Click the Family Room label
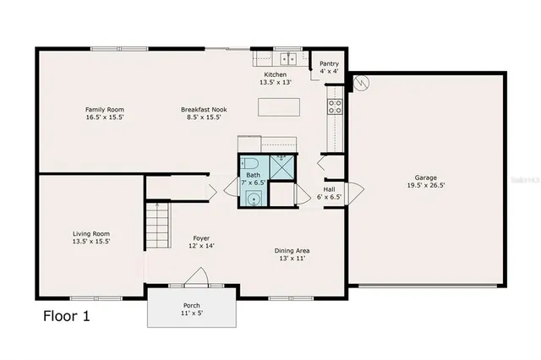click(105, 109)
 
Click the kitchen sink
click(289, 59)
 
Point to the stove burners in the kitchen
click(335, 106)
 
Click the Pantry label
click(329, 63)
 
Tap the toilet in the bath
click(249, 164)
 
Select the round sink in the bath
click(252, 199)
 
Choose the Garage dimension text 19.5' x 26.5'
click(425, 185)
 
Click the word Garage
click(425, 177)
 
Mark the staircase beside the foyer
click(157, 226)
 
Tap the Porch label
click(192, 305)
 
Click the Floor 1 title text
click(66, 317)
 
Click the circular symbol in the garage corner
click(362, 84)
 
